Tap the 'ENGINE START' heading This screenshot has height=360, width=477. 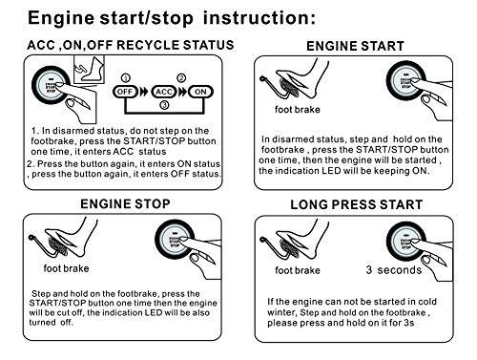point(359,45)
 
